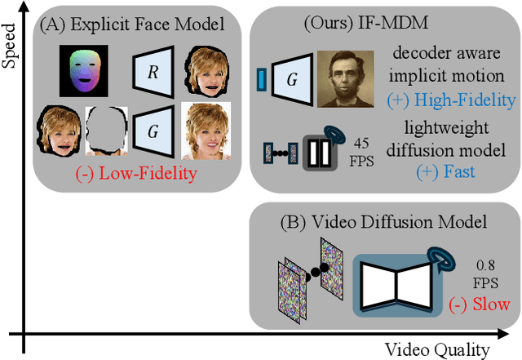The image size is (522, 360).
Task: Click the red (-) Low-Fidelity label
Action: (130, 175)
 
